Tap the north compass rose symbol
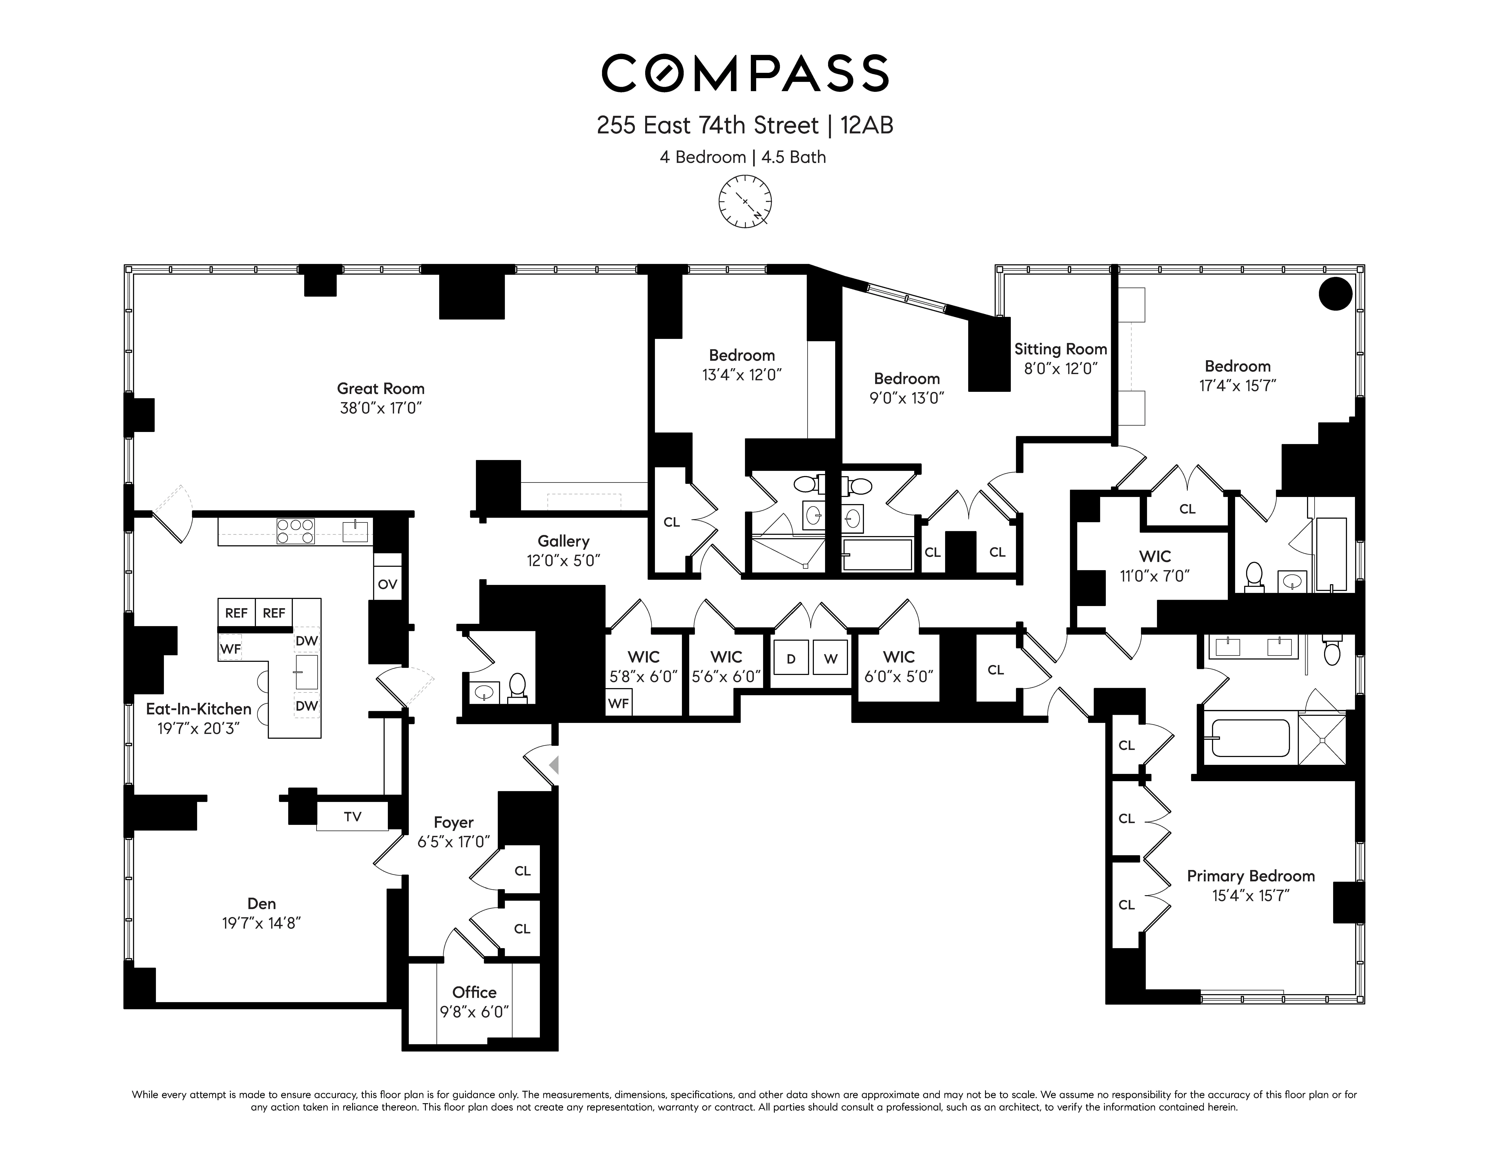click(745, 201)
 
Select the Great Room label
click(380, 389)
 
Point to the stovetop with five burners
click(295, 531)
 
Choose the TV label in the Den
click(352, 817)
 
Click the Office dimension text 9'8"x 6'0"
click(474, 1012)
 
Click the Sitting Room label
click(1061, 349)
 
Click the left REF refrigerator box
click(236, 613)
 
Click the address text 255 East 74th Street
click(707, 126)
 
